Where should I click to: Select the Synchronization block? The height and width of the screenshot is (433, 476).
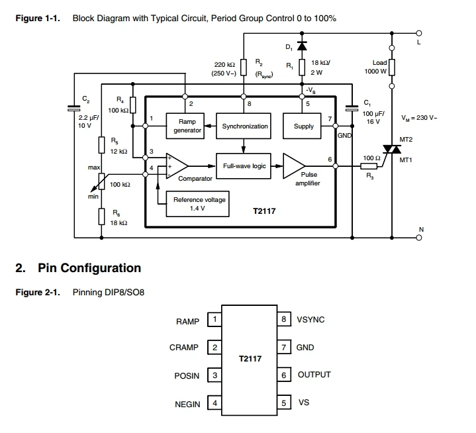click(x=245, y=126)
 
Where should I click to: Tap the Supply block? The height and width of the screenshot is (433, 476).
click(x=303, y=126)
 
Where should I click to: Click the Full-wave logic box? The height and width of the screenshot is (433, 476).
click(x=244, y=166)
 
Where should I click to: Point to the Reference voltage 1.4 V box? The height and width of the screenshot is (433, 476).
click(x=199, y=204)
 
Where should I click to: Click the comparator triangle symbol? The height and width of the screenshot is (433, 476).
click(x=177, y=167)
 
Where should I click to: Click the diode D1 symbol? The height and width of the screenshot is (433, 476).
click(x=303, y=46)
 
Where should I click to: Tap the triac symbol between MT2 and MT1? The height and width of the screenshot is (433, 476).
click(x=392, y=152)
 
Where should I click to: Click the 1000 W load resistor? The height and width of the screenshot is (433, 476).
click(x=392, y=67)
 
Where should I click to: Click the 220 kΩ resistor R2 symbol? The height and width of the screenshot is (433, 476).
click(x=244, y=67)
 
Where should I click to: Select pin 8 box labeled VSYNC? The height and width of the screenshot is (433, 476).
click(x=283, y=320)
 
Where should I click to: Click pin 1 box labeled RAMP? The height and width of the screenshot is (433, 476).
click(x=214, y=320)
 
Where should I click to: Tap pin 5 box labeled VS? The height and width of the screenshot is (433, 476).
click(x=283, y=402)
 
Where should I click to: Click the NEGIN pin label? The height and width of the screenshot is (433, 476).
click(x=187, y=404)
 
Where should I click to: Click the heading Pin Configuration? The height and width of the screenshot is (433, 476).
click(x=89, y=268)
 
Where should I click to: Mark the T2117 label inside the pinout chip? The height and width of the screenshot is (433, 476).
click(x=250, y=359)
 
